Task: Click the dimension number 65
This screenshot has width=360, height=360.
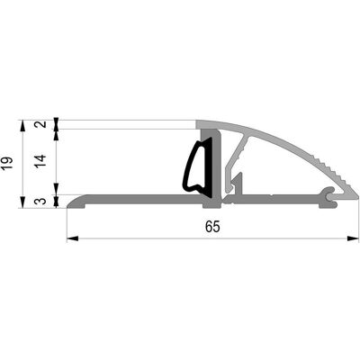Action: click(212, 227)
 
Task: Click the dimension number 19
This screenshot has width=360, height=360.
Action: click(8, 164)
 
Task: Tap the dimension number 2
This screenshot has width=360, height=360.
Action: click(42, 124)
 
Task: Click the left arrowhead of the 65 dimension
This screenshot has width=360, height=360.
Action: click(72, 238)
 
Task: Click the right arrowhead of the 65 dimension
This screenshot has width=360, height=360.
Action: click(353, 238)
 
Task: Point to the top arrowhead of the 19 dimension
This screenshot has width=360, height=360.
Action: click(22, 126)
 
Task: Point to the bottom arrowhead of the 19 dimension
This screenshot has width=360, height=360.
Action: click(22, 202)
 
